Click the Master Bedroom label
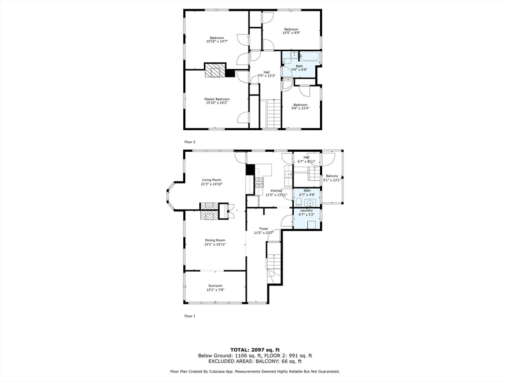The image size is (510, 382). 217,99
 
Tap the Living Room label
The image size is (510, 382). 212,180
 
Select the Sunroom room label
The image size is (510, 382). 215,286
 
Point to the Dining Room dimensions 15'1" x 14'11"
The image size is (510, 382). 215,245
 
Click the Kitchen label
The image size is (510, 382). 276,191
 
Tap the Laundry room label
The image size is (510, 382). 306,210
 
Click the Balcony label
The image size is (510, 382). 332,176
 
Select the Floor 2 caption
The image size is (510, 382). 190,142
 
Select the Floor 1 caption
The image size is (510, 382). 190,316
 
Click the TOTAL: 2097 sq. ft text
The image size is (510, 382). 255,350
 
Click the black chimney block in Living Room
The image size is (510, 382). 250,170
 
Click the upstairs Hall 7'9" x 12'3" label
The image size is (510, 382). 267,72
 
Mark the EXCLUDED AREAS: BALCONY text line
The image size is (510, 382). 255,362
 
